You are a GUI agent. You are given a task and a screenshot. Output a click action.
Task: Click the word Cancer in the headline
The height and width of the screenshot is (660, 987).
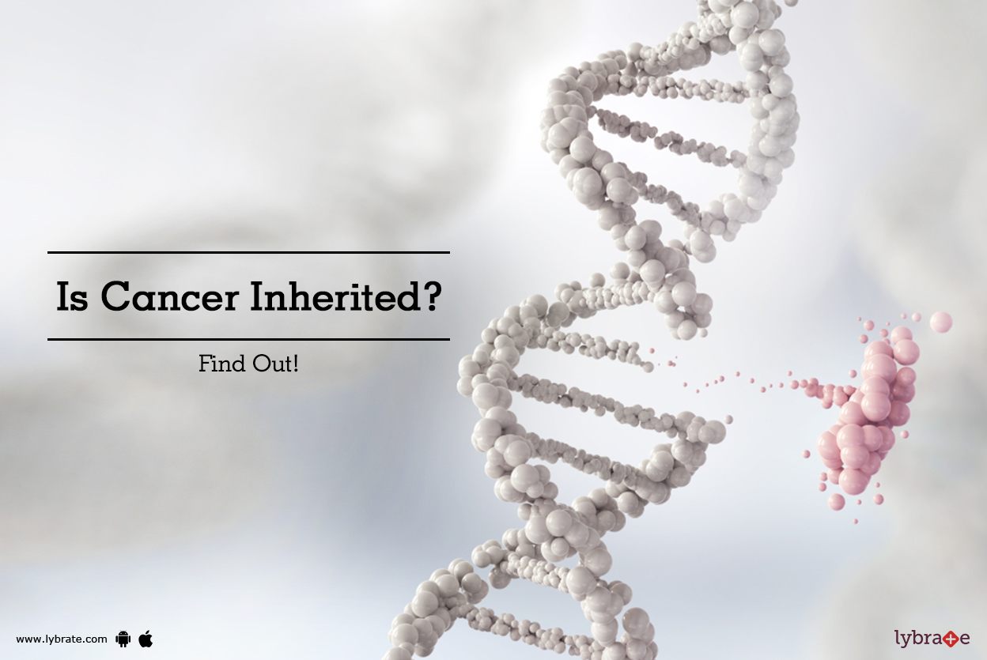(168, 297)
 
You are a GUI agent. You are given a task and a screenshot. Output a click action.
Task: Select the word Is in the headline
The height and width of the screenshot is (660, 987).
(72, 297)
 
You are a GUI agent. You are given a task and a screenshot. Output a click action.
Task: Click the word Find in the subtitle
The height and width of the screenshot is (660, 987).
(218, 365)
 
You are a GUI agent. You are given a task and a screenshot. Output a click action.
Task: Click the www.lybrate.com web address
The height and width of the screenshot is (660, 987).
(62, 639)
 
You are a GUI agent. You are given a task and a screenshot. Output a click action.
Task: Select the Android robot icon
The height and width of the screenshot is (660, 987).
(123, 639)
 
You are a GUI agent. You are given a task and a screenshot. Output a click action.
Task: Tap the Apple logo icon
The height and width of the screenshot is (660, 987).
(146, 638)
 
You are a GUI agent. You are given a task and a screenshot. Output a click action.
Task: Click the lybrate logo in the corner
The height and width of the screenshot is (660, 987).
(932, 637)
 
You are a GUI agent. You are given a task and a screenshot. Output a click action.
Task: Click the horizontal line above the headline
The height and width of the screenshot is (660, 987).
(248, 252)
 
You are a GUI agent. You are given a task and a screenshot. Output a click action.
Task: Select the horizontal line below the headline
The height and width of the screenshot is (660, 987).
(248, 339)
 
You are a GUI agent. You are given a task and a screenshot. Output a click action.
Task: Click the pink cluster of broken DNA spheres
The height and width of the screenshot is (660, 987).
(866, 411)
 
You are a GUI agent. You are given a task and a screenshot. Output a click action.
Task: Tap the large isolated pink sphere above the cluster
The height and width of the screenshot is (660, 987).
(940, 322)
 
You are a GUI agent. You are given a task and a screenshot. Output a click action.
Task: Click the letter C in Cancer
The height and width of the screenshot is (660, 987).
(115, 297)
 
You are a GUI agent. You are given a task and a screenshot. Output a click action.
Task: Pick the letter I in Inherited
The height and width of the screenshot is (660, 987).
(257, 297)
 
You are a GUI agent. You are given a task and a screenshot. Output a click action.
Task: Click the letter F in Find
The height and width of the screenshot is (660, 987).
(204, 365)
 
